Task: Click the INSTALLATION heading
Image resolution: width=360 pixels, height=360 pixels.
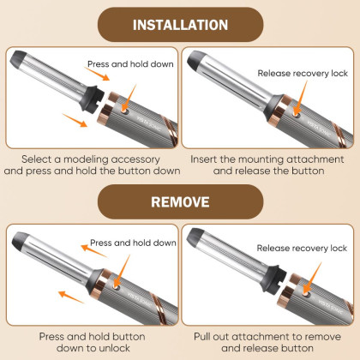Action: coord(180,25)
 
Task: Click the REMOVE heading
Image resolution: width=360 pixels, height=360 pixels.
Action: coord(180,201)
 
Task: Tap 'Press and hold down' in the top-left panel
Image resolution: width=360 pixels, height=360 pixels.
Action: coord(130,64)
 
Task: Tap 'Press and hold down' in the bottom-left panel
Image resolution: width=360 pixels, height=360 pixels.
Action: coord(133,243)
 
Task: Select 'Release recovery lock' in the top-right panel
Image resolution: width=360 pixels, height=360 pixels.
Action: coord(303,74)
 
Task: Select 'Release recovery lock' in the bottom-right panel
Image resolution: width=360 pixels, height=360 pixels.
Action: coord(302,248)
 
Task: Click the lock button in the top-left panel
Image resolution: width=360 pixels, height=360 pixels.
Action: coord(123,111)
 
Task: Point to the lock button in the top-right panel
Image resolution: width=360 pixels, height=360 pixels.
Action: coord(297,116)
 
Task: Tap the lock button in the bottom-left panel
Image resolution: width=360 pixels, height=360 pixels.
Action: coord(116,287)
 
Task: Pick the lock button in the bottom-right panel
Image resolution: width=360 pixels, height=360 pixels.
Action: coord(306,293)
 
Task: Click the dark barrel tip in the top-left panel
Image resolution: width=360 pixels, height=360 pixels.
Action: coord(18,58)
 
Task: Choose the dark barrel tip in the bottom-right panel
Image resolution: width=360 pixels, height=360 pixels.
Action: coord(195,236)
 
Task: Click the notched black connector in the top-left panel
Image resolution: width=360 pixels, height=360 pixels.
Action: coord(92,99)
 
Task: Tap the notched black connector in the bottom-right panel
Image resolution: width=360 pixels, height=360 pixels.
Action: coord(273,279)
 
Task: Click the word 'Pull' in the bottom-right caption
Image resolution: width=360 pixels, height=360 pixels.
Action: coord(201,337)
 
